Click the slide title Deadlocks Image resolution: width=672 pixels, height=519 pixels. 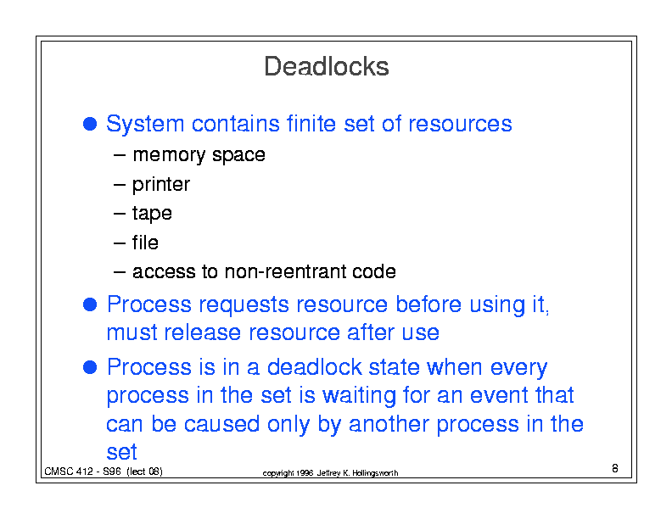[x=326, y=66]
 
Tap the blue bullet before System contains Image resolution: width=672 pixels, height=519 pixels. [x=90, y=124]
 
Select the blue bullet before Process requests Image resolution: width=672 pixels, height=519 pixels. [x=90, y=304]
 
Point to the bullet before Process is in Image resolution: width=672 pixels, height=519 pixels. [x=90, y=367]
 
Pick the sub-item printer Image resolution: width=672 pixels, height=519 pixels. [x=161, y=185]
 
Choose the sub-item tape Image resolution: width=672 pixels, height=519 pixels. [x=152, y=213]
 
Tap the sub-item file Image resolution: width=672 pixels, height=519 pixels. [x=145, y=243]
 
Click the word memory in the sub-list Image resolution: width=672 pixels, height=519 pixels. [x=170, y=155]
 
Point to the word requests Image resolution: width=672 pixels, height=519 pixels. [x=244, y=305]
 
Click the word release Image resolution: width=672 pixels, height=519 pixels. [x=202, y=332]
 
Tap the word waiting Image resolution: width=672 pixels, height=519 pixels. [x=359, y=395]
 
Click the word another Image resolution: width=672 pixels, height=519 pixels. [x=389, y=424]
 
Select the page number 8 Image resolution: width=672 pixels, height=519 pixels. [x=615, y=468]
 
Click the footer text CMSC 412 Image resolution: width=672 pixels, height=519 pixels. [x=69, y=472]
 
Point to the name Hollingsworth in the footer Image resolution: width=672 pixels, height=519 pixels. [x=375, y=472]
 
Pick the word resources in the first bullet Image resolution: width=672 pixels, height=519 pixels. [x=460, y=124]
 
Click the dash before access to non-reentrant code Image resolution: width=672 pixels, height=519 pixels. [x=120, y=272]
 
